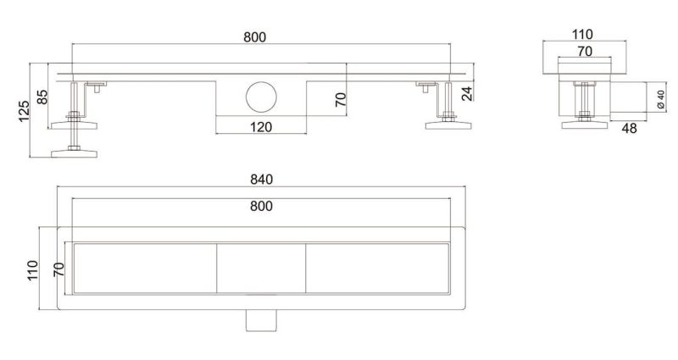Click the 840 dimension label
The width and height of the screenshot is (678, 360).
(262, 179)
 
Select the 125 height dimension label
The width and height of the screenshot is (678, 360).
(24, 111)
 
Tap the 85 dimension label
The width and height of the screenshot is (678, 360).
(42, 97)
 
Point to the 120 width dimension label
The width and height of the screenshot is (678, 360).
(261, 127)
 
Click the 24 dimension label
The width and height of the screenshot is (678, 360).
(467, 93)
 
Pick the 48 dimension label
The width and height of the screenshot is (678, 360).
(629, 128)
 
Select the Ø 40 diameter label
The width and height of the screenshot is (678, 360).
(661, 99)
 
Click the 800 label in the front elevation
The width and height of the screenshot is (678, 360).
(255, 37)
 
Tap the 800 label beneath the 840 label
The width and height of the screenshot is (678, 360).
(261, 206)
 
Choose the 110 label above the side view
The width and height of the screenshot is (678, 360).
(582, 34)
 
